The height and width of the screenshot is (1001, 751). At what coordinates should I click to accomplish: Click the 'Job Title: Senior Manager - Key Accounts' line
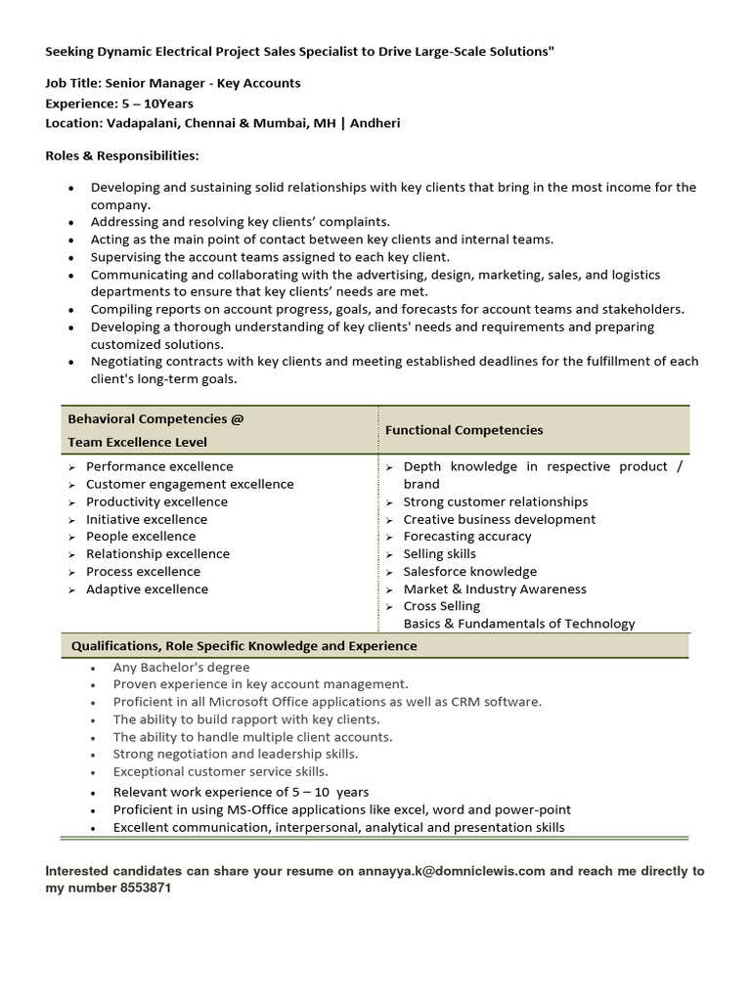pos(173,84)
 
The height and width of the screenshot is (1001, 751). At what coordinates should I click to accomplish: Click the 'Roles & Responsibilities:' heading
pos(122,155)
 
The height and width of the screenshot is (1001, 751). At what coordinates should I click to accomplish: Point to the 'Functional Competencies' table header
pos(464,430)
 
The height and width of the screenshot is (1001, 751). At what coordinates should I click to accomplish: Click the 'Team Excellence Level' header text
pos(137,442)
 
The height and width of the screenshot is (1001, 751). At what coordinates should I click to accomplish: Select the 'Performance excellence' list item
pos(159,466)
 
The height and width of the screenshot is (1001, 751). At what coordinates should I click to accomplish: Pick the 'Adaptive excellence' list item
pos(147,589)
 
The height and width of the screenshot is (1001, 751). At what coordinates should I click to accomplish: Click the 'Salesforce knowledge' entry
pos(469,572)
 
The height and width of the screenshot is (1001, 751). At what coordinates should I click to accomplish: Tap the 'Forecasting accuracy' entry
pos(467,537)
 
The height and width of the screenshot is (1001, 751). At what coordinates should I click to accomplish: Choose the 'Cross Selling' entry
pos(441,606)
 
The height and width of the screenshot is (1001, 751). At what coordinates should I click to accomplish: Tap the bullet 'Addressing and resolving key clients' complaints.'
pos(241,222)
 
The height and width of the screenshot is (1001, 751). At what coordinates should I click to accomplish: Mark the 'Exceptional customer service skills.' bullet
pos(220,772)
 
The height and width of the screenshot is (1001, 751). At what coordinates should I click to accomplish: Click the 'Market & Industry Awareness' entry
pos(495,589)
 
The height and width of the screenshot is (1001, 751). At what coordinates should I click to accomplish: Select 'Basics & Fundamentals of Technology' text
pos(519,624)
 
